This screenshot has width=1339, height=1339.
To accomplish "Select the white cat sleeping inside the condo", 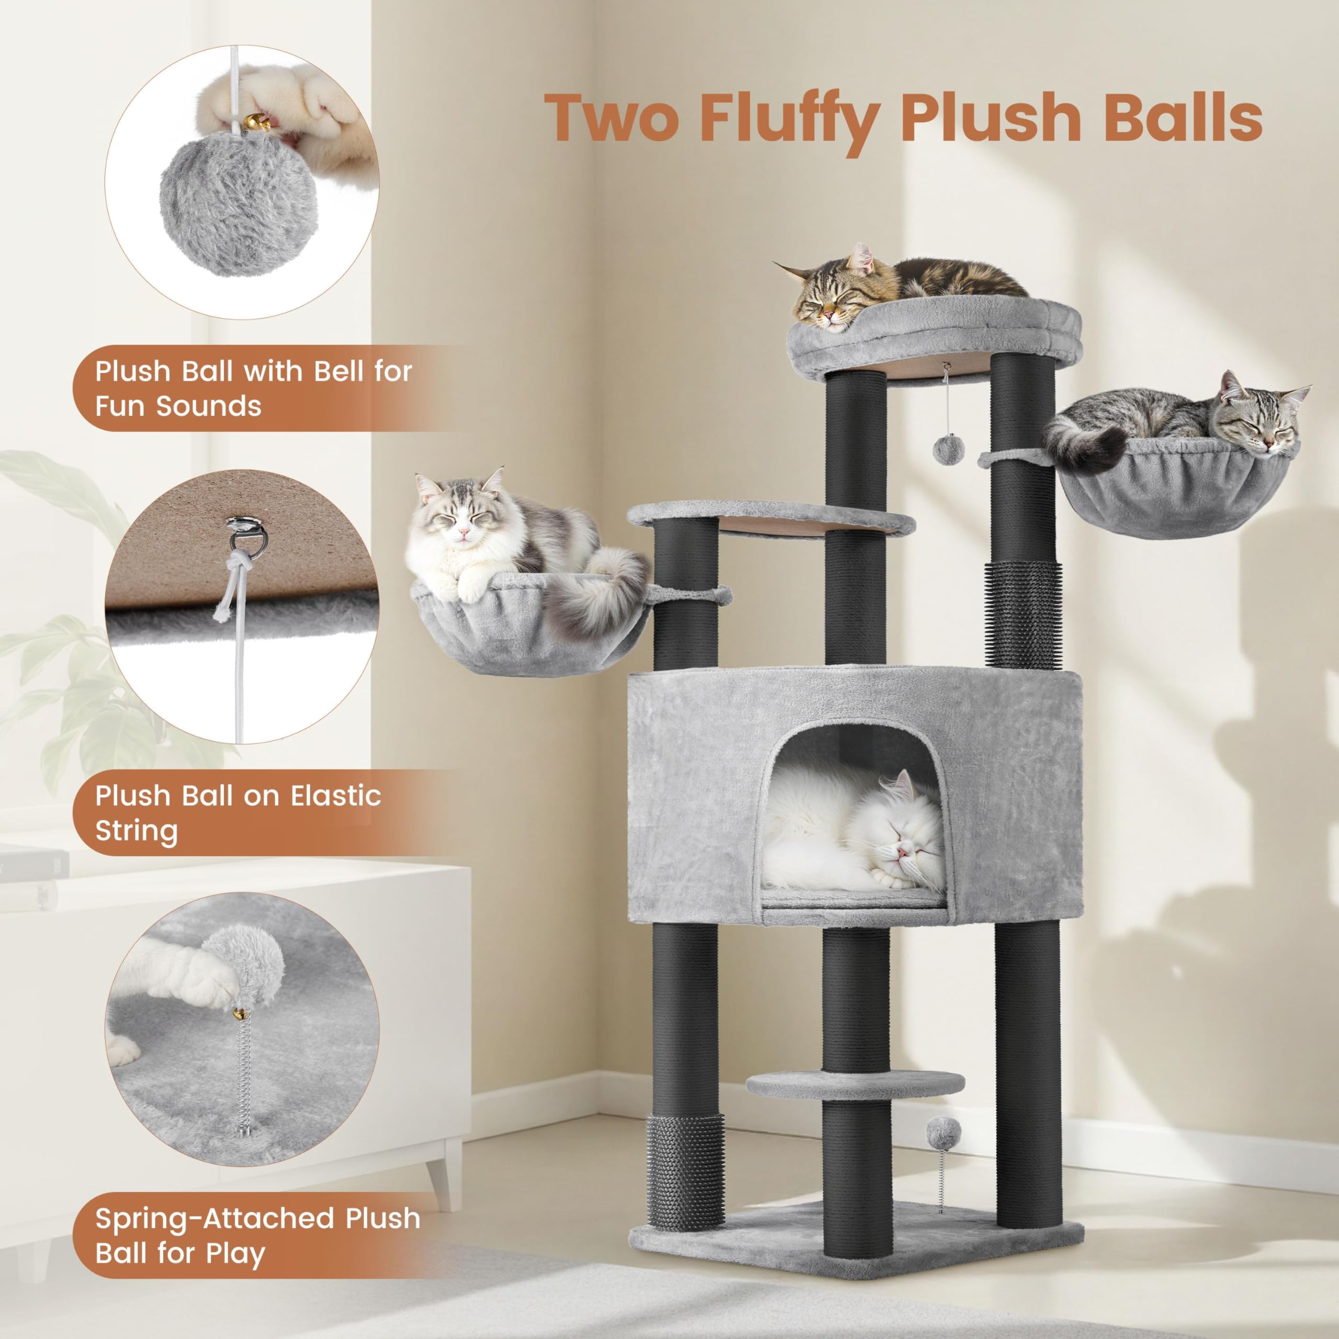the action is click(853, 828).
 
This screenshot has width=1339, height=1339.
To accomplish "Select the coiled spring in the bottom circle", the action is click(242, 1068).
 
